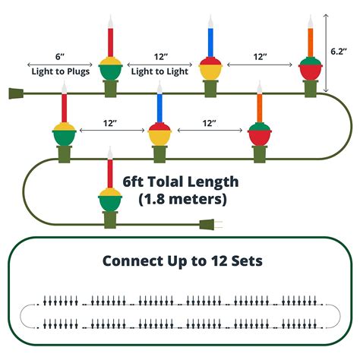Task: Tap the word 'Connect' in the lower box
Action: [x=129, y=261]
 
